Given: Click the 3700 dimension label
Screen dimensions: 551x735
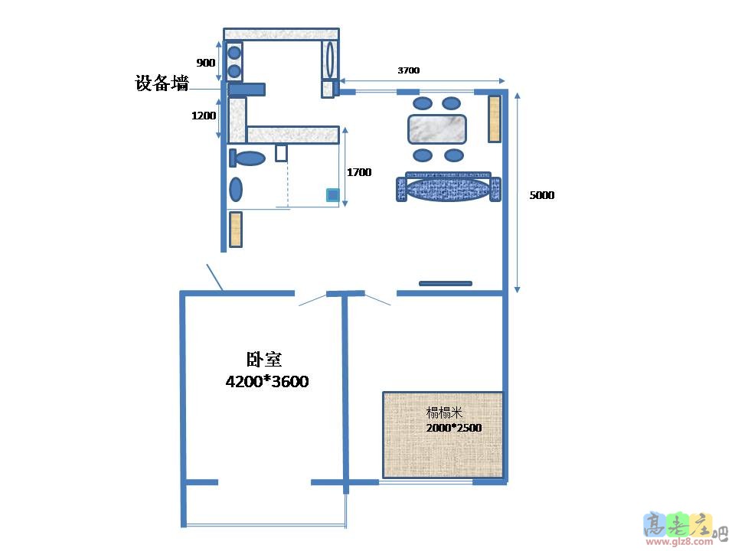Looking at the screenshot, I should click(408, 70).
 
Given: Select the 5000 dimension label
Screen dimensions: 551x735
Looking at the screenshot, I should click(541, 195).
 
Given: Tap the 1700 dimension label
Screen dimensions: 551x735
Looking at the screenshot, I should click(359, 172).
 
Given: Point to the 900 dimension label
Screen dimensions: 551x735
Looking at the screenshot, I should click(206, 63).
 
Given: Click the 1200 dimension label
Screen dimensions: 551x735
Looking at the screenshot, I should click(204, 115).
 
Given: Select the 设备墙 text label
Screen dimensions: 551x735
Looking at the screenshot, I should click(162, 84).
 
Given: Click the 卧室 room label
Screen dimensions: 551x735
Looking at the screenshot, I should click(263, 359).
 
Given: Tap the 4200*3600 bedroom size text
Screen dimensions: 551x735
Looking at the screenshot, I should click(266, 381).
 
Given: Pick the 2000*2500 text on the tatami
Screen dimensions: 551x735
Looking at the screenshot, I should click(454, 428).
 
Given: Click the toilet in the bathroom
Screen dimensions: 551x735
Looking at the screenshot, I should click(249, 158).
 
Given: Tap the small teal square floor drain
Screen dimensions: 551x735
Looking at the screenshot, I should click(332, 195).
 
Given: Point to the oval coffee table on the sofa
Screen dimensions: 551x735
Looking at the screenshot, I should click(449, 188).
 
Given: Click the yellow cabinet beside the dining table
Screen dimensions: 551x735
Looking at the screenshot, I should click(495, 119).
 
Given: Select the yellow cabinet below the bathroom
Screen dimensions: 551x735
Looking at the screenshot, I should click(236, 229).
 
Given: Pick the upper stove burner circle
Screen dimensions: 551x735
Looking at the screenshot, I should click(235, 54).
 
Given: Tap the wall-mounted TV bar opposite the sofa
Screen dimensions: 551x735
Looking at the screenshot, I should click(446, 283).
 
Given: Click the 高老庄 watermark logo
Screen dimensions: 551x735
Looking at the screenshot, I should click(677, 527).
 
